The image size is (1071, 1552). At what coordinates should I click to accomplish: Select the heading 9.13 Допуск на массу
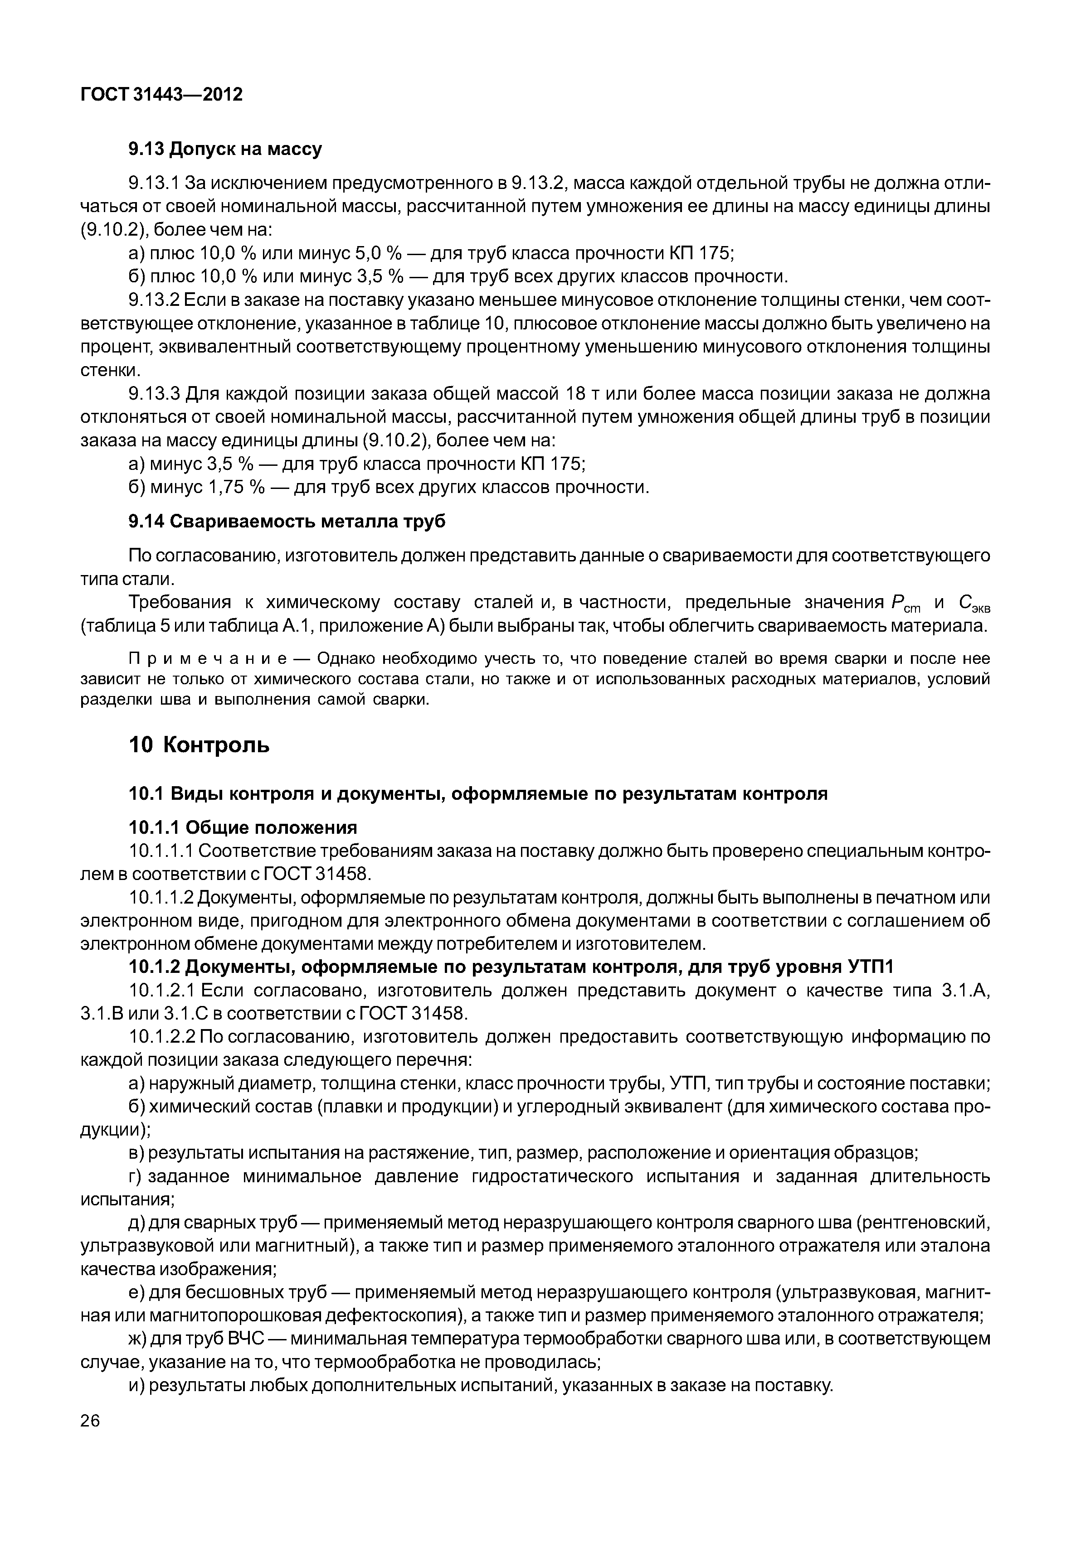click(225, 149)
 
